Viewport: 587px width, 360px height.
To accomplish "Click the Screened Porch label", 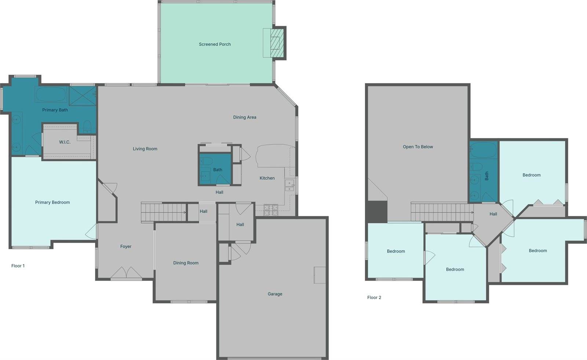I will pos(215,44).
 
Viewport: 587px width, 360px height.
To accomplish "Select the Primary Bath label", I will pos(55,110).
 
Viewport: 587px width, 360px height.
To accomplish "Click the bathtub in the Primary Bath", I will pos(51,95).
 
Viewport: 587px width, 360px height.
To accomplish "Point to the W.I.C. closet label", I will pos(65,142).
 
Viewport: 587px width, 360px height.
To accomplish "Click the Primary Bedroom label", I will pos(52,202).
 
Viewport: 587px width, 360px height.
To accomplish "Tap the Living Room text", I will pos(145,149).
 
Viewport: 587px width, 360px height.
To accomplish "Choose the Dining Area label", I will pos(245,117).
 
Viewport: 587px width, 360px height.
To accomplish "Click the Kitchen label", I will pos(267,178).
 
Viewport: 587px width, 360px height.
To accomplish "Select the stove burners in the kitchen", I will pos(271,209).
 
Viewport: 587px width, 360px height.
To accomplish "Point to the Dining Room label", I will pos(186,263).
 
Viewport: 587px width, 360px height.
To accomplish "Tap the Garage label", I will pos(275,294).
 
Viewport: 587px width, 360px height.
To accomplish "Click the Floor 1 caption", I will pos(18,266).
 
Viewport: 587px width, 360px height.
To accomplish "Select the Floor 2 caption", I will pos(374,298).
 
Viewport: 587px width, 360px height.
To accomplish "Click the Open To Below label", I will pos(418,147).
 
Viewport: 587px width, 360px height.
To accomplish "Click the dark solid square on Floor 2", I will pos(377,212).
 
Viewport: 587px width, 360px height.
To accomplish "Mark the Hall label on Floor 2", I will pos(493,214).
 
